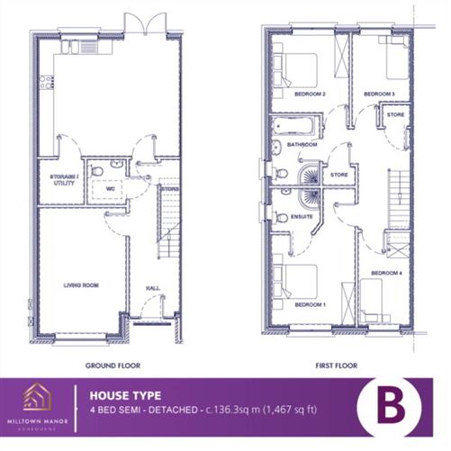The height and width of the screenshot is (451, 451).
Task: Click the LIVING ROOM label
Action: pos(80,285)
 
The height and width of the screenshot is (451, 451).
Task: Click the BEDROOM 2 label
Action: pos(309,94)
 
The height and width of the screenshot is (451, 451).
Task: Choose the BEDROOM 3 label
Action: pos(379,94)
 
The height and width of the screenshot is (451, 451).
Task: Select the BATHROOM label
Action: pos(302,144)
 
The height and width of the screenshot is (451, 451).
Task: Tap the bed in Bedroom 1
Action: pos(297,282)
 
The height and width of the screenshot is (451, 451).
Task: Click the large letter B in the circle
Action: pos(390,406)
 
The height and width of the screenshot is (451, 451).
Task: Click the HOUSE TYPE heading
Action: pos(125,394)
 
